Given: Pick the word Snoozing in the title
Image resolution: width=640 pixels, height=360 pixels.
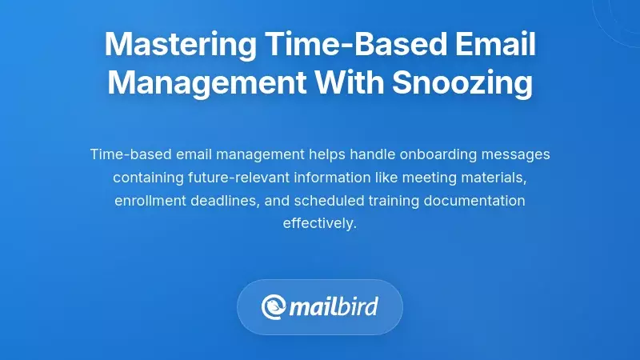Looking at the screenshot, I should click(463, 83).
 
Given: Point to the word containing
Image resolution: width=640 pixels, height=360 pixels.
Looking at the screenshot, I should click(145, 177).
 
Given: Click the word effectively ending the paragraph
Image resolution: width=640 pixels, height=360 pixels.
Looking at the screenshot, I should click(319, 223).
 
